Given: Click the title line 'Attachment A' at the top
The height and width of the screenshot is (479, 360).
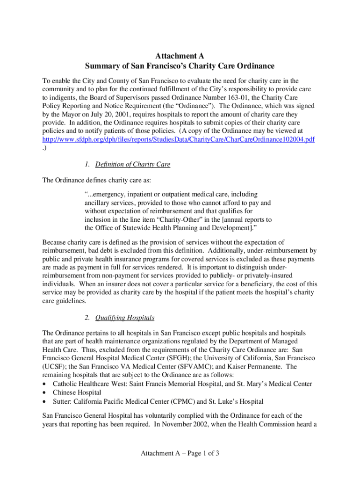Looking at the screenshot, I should [x=180, y=56].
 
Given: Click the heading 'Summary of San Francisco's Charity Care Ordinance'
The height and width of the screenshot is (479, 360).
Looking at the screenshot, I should [x=180, y=66].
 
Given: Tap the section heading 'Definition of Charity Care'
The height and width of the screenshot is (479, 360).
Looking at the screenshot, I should [x=133, y=165].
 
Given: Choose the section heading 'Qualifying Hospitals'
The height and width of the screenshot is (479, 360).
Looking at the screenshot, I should [x=125, y=318].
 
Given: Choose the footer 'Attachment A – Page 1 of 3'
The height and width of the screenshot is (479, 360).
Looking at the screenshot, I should [x=180, y=453].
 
